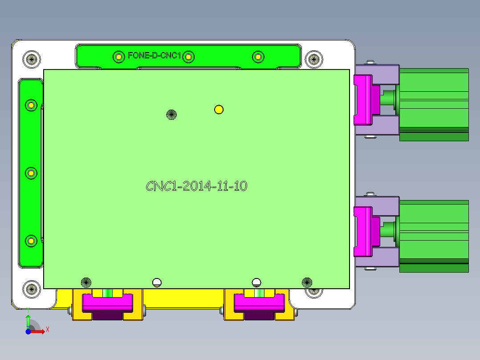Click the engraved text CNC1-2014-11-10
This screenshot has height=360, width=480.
196,186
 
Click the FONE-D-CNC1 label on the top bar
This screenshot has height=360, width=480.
154,56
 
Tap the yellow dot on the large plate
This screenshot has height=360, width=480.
219,109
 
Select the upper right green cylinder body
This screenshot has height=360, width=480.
434,104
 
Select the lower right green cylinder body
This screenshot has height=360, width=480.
434,236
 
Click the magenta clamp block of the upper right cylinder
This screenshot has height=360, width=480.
363,99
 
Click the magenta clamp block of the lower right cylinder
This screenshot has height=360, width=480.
363,232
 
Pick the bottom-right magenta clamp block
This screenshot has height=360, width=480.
259,303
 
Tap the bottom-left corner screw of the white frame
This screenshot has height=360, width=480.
32,288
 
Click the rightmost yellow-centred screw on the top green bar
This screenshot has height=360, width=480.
258,57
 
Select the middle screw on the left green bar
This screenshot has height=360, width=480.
31,173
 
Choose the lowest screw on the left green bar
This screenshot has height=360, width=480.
31,241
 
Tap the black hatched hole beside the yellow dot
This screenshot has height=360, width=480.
171,115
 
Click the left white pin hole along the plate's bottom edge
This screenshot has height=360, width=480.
156,282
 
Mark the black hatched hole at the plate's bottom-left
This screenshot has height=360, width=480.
86,282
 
